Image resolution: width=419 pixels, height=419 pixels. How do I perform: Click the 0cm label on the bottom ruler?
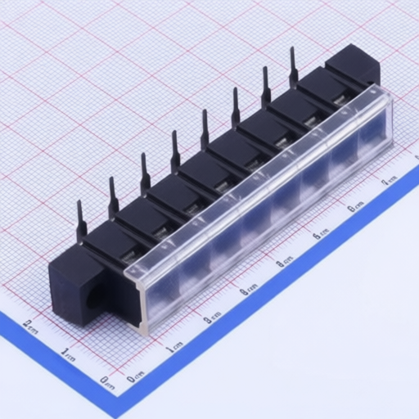click(x=136, y=376)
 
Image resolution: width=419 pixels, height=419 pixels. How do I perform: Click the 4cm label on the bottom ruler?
click(x=285, y=262)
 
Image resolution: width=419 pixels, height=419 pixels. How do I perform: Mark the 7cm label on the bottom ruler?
click(x=390, y=179)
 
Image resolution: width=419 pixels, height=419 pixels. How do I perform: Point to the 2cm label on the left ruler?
click(x=30, y=325)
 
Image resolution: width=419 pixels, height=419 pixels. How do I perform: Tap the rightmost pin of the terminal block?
click(x=293, y=66)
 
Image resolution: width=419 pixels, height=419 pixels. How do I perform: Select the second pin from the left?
click(x=113, y=197)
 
